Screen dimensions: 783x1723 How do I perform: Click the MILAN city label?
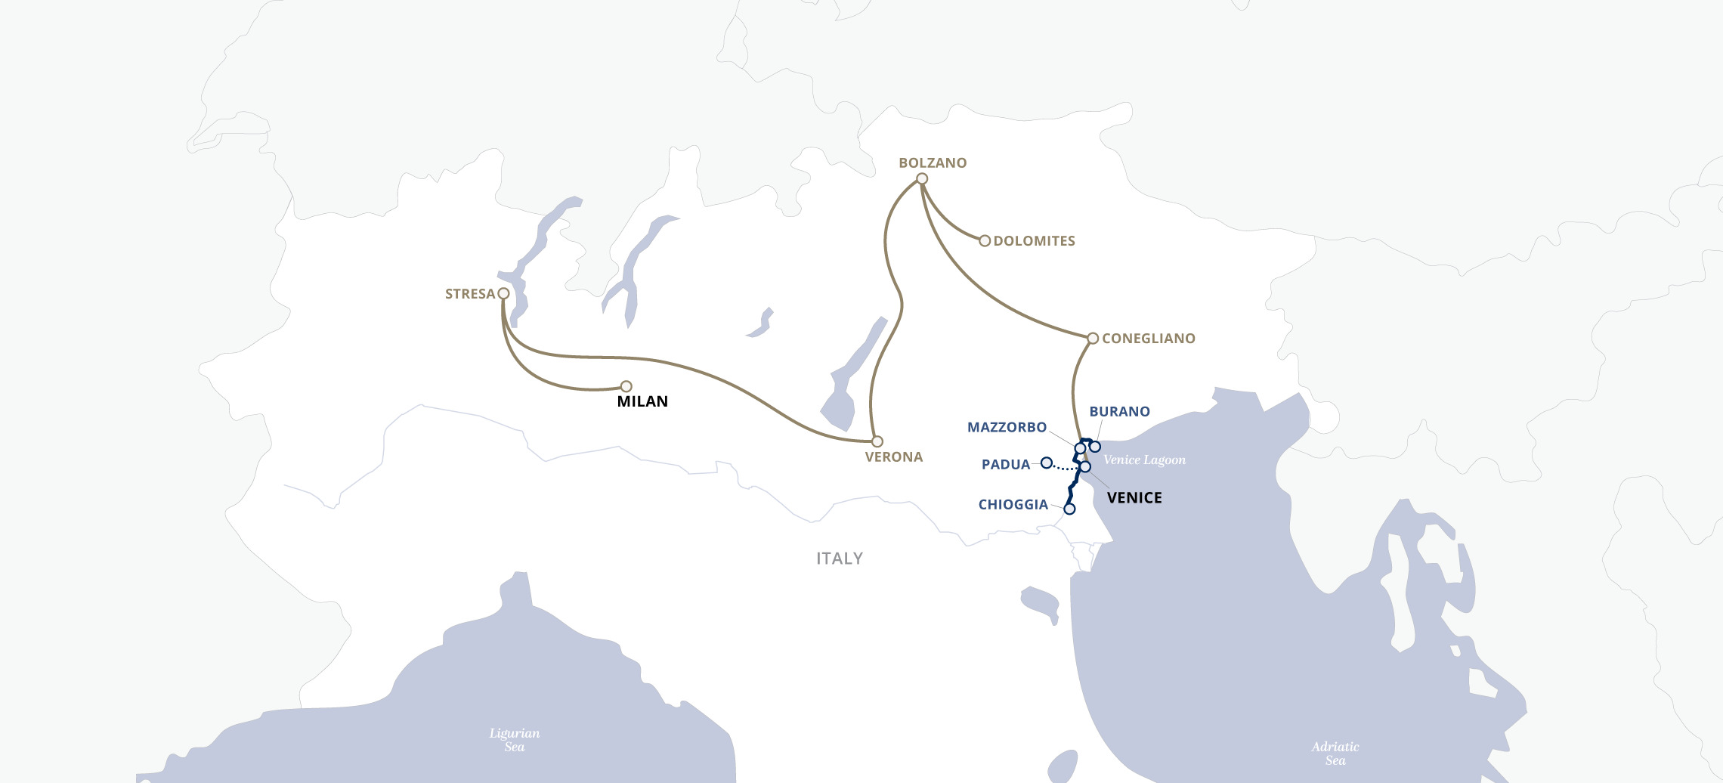[642, 401]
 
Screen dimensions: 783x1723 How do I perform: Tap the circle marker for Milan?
[626, 386]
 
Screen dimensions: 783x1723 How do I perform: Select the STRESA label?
[469, 294]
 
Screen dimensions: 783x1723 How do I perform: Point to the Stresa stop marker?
[503, 293]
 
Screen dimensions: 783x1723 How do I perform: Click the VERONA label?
[893, 457]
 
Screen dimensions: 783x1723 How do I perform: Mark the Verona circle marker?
[877, 441]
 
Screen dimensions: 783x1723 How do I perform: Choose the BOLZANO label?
[933, 163]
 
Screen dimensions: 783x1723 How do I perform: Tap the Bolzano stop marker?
[922, 179]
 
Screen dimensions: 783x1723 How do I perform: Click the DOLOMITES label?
[1034, 241]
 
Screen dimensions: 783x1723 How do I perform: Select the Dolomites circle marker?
[985, 241]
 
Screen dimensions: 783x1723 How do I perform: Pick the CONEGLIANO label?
[1148, 339]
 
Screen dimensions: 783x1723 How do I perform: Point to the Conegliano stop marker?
[1093, 339]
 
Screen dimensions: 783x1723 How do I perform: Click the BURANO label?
[1119, 412]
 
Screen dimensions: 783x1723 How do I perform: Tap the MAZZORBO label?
[1007, 428]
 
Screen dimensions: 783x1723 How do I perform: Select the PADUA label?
[1005, 465]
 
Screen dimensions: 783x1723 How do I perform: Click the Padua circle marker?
[1047, 463]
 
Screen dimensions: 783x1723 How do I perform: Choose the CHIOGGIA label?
[1013, 505]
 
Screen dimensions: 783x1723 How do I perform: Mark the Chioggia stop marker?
[1069, 509]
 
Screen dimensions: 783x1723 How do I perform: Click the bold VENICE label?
[1134, 498]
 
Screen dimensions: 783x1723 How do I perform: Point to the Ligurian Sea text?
[515, 740]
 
